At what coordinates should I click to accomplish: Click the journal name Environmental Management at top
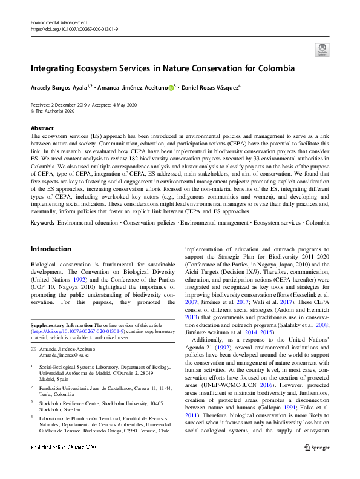pos(59,22)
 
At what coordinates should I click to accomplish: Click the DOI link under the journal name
pos(74,28)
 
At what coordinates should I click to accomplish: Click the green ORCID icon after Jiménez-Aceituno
pos(171,88)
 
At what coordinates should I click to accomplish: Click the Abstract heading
pos(42,128)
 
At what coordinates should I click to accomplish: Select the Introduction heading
pos(51,249)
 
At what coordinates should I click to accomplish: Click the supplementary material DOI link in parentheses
pos(78,332)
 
